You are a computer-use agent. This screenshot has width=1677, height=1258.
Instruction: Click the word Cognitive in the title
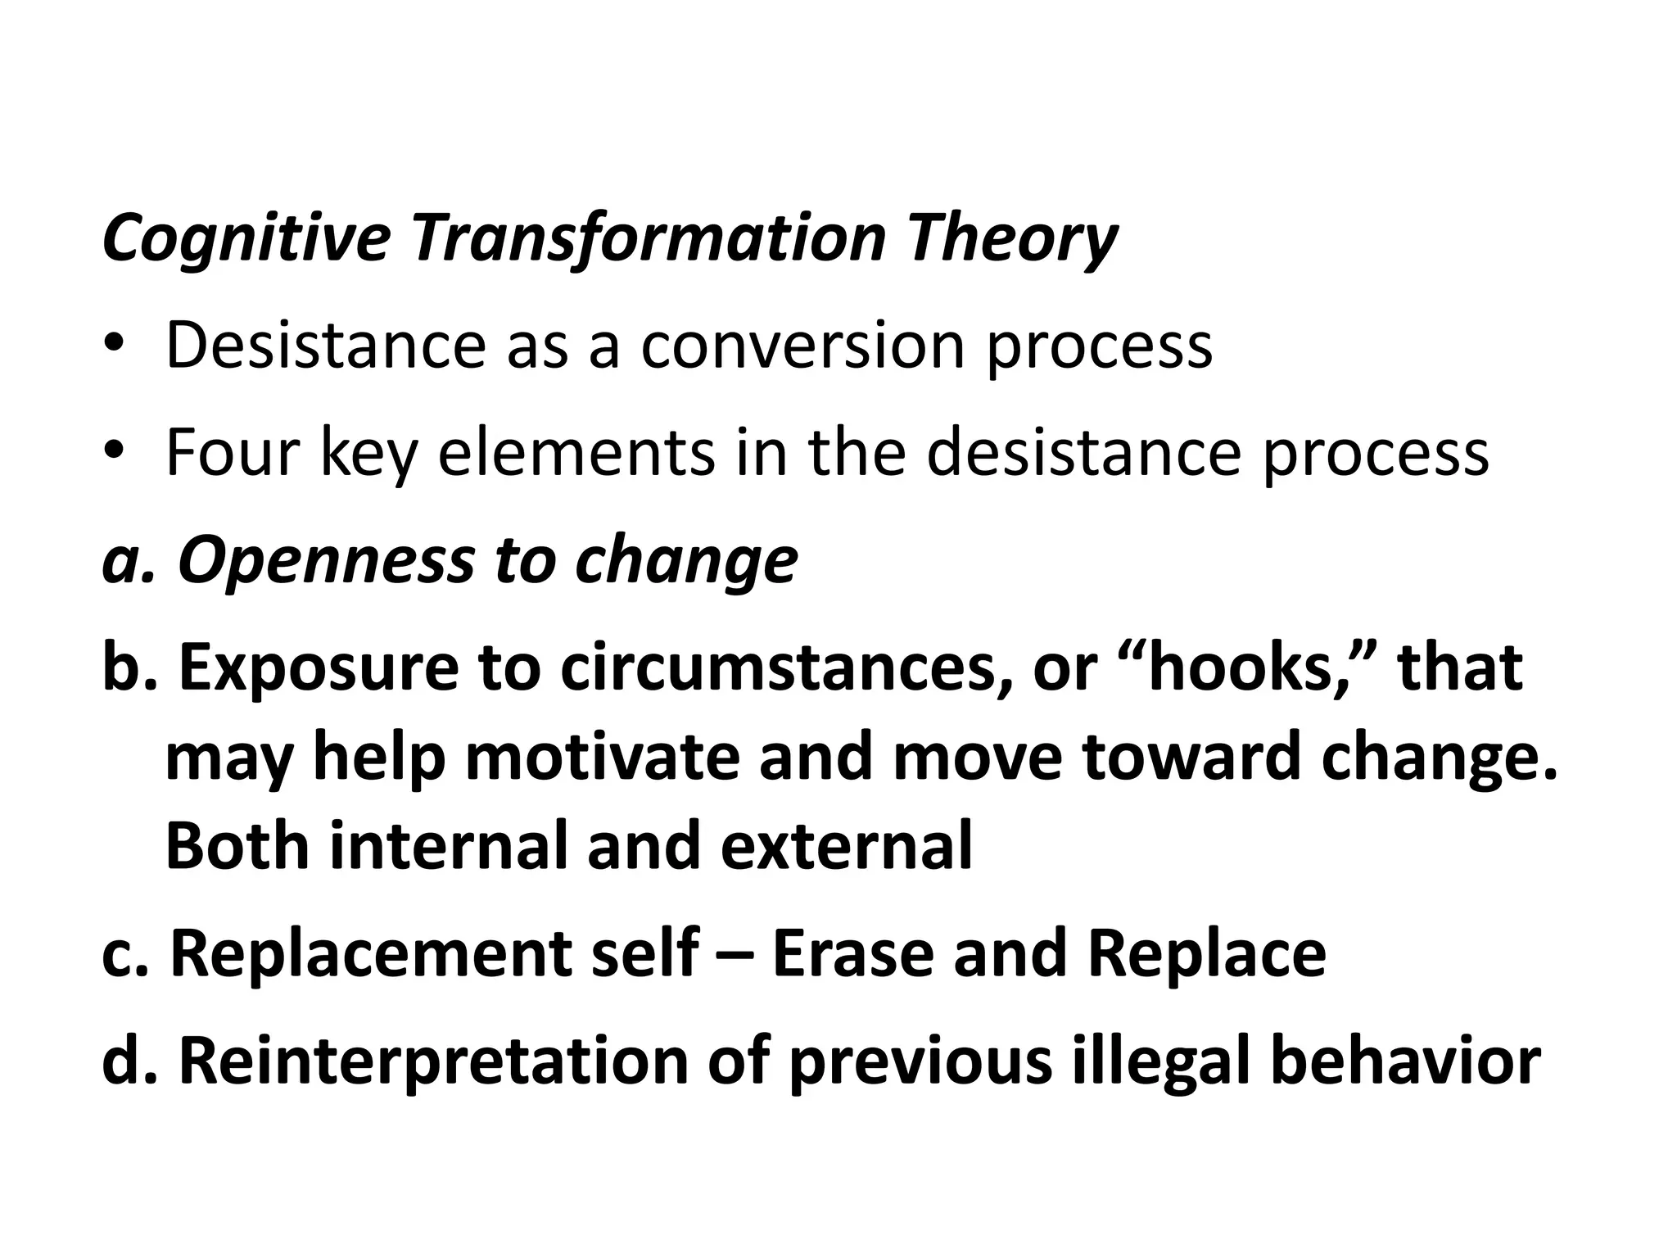(x=246, y=239)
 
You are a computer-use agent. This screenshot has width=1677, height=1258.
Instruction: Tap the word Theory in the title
(x=1010, y=239)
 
